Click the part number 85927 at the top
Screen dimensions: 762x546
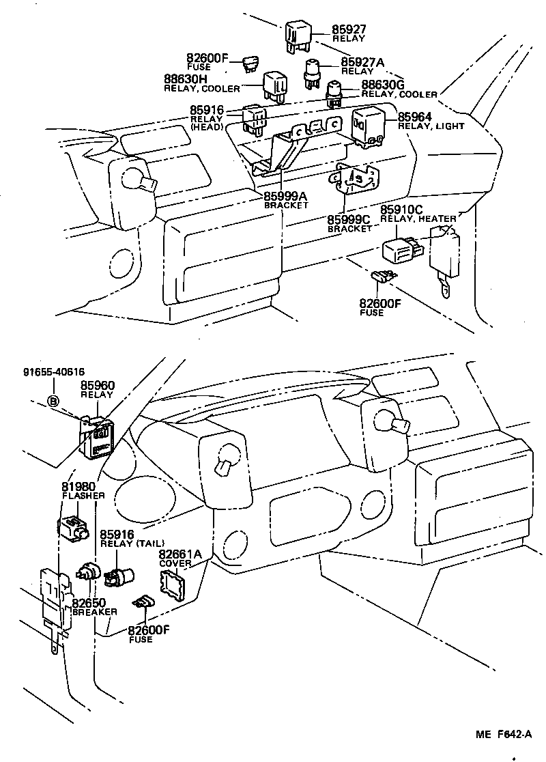[349, 29]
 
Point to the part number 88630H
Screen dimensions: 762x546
[188, 79]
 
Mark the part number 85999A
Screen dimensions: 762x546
[286, 197]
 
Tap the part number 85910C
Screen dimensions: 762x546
[401, 210]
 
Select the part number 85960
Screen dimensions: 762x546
[98, 386]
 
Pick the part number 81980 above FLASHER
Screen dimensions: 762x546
[78, 486]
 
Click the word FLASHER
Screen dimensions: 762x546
[83, 496]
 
